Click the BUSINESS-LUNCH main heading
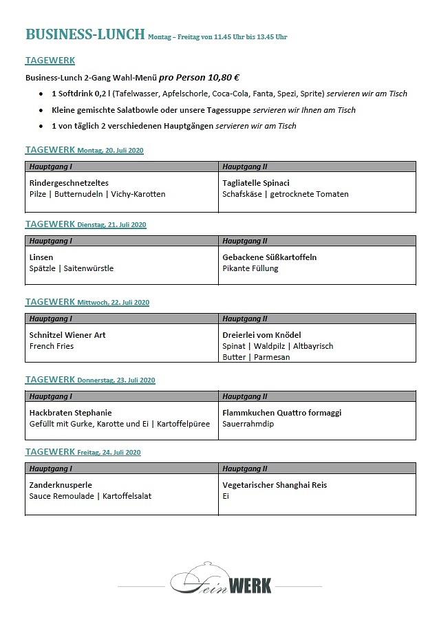85,35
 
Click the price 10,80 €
219,78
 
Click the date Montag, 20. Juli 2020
110,151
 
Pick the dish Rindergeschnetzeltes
69,183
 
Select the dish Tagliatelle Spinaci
256,183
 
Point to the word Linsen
41,257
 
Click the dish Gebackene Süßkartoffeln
269,257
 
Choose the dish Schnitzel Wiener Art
67,335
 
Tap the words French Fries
52,346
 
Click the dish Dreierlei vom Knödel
261,335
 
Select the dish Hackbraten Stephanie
70,413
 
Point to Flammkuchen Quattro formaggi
282,413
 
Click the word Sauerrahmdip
248,424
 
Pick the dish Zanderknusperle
61,485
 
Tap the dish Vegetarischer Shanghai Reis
275,485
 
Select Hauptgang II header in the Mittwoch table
245,319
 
